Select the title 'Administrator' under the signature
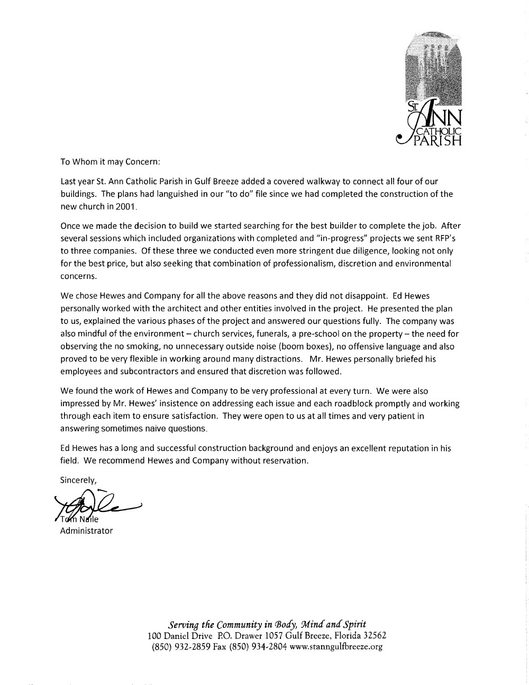click(x=87, y=530)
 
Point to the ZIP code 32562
click(x=371, y=635)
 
